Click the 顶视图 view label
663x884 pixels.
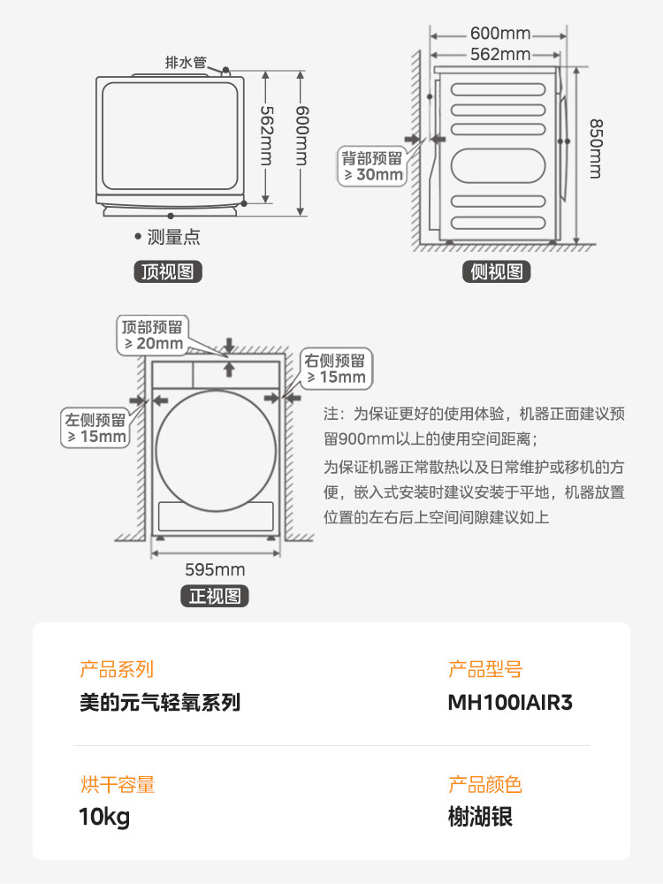[x=167, y=271]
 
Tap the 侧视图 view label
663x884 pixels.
[x=497, y=271]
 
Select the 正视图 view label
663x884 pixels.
[x=215, y=596]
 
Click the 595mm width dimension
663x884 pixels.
[x=215, y=569]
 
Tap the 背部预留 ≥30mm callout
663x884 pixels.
[x=372, y=166]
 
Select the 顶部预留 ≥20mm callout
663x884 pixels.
[x=153, y=334]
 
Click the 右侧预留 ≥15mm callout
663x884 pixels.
[x=335, y=369]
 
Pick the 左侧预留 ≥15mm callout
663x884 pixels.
[x=95, y=428]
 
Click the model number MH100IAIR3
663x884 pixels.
[x=511, y=703]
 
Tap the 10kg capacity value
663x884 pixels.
[x=104, y=817]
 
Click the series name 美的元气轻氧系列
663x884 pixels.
[x=160, y=703]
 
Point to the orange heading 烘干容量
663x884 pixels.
[x=117, y=784]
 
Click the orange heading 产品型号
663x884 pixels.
[x=485, y=670]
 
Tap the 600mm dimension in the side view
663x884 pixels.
[x=500, y=34]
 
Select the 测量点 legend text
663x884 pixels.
[x=173, y=236]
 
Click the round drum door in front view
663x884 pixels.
[x=215, y=441]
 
